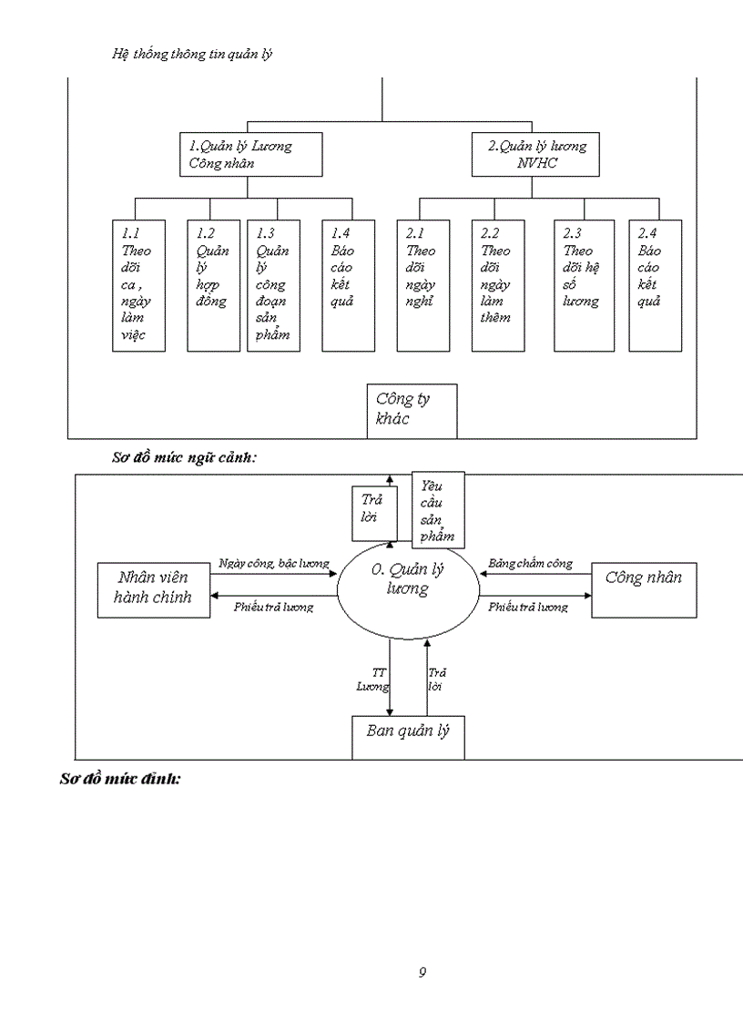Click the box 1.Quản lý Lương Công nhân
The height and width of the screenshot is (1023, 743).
250,154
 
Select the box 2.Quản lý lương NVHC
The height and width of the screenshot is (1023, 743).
536,154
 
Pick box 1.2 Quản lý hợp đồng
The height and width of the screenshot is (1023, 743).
213,285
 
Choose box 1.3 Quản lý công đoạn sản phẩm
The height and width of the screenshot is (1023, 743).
272,285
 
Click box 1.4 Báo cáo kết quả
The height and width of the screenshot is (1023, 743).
348,285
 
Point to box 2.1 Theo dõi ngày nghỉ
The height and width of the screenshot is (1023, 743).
422,285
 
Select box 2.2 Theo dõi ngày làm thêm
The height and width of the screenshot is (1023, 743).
498,285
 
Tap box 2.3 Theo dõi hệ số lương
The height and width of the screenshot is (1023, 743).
584,285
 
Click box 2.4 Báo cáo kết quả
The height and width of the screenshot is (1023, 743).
656,285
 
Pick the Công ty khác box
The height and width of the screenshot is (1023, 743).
412,411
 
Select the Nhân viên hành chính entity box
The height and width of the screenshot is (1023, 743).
153,590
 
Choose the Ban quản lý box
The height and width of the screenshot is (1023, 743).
408,737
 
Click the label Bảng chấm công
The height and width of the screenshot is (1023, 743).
530,564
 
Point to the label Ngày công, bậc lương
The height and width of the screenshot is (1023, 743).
273,564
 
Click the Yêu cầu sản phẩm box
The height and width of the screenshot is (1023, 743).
438,509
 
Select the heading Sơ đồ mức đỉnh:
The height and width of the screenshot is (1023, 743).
120,780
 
